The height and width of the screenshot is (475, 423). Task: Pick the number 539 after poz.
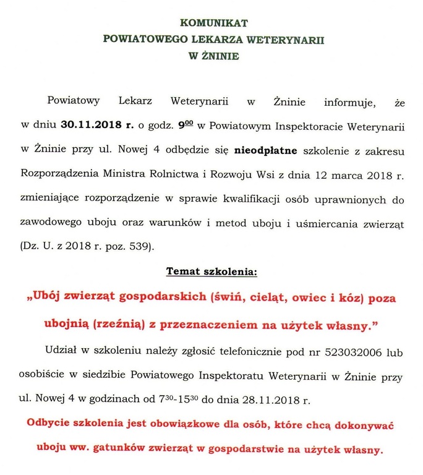[x=140, y=247]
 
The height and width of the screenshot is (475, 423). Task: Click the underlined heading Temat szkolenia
[x=211, y=272]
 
